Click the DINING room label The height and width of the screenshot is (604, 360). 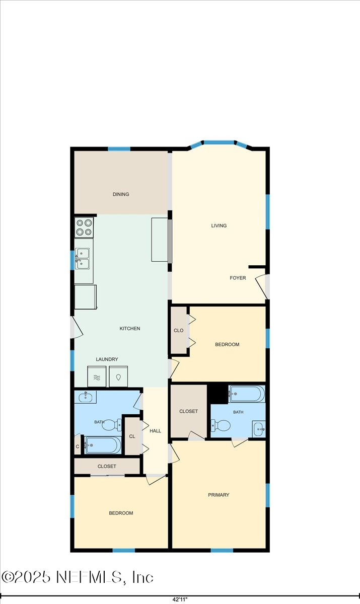point(121,194)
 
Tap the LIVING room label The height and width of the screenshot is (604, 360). point(219,225)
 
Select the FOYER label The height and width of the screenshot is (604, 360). point(238,278)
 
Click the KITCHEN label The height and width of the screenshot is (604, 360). point(129,329)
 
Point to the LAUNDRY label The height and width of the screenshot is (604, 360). point(107,359)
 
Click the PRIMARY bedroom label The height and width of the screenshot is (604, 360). point(219,495)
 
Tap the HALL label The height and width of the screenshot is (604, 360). point(156,431)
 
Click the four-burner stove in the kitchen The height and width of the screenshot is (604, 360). point(84,228)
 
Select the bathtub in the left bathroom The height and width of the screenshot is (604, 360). point(102,445)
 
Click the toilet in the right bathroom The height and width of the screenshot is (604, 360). point(222,426)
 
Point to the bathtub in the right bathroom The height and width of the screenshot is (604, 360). point(246,394)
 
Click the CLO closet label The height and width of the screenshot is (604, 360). point(178,331)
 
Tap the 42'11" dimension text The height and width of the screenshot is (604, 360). point(180,599)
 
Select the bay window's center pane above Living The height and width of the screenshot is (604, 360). point(219,142)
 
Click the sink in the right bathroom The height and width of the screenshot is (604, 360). point(259,429)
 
